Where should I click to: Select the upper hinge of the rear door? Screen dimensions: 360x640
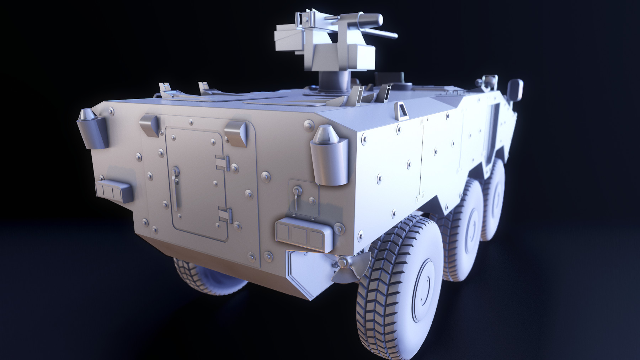(x=223, y=162)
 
